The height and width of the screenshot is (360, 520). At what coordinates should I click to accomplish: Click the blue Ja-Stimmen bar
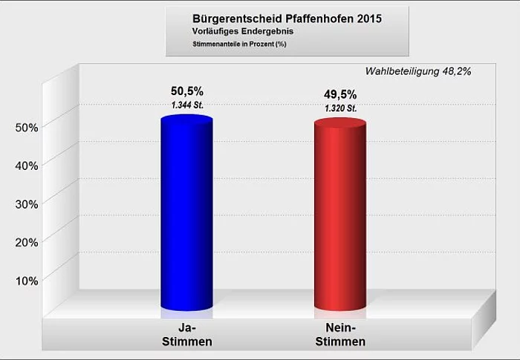click(186, 215)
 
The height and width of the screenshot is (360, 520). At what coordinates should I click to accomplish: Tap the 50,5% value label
click(186, 91)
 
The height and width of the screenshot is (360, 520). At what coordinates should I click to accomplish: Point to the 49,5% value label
click(340, 94)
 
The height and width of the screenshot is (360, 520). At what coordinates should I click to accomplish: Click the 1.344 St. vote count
click(186, 105)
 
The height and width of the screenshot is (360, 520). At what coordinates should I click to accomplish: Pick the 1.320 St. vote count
click(340, 108)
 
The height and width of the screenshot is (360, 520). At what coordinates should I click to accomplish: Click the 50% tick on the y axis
click(27, 127)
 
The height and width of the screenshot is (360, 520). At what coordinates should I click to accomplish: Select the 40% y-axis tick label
click(27, 165)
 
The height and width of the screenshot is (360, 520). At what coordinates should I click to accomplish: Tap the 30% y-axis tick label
click(27, 203)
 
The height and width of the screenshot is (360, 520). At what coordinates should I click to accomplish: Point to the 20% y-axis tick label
click(27, 241)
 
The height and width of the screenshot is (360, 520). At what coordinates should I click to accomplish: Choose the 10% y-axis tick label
click(27, 280)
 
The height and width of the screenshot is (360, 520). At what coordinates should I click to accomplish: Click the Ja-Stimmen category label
click(186, 335)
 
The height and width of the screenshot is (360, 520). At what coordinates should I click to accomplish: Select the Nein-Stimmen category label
click(340, 335)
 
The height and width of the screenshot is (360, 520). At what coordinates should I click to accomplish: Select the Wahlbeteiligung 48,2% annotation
click(418, 71)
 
